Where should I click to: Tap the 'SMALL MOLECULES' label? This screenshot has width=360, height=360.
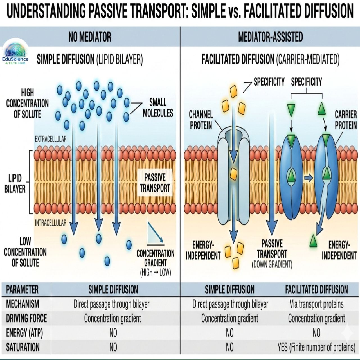point(158,108)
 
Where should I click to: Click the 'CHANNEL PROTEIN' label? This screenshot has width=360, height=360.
point(201,120)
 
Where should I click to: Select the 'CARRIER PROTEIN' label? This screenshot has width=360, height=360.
point(346,120)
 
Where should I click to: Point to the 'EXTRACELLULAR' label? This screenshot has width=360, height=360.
point(51,139)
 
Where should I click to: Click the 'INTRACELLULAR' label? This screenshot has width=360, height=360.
point(51,223)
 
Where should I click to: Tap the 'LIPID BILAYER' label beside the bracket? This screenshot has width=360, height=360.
point(15,183)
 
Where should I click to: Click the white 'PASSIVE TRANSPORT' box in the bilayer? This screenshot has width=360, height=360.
point(155,183)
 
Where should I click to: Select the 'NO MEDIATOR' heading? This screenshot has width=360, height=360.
point(90,37)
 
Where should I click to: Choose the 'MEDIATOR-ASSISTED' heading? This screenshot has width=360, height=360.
point(271,37)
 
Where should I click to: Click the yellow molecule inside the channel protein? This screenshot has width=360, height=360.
point(233,173)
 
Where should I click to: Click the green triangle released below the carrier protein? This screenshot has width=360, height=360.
point(314,241)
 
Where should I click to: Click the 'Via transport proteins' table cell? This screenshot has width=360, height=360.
point(316,304)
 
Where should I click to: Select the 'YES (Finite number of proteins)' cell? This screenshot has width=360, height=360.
point(316,347)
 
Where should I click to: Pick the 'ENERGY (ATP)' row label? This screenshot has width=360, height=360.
point(24,333)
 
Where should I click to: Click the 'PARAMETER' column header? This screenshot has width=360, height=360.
point(22,289)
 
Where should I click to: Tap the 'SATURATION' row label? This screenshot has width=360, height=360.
point(23,347)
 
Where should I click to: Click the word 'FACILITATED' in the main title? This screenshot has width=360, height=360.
point(269,11)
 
